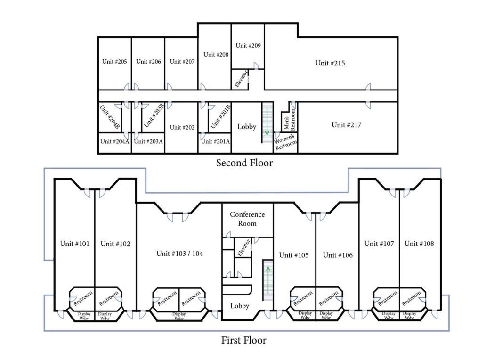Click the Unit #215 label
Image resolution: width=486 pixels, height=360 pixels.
click(x=330, y=63)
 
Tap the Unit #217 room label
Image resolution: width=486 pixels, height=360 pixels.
click(x=346, y=125)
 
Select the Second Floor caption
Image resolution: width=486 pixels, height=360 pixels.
click(x=244, y=163)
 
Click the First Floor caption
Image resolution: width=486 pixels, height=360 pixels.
click(x=243, y=340)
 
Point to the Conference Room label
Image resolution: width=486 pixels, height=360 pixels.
click(x=247, y=219)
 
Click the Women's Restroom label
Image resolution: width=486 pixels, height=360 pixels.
click(x=286, y=142)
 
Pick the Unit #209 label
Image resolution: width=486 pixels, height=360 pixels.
click(x=248, y=45)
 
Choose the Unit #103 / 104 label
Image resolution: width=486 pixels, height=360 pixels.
click(x=180, y=254)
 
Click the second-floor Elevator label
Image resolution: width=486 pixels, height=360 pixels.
click(x=242, y=79)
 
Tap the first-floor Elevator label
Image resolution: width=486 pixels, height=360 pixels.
click(x=243, y=247)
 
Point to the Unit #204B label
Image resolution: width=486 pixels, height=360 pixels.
click(x=110, y=117)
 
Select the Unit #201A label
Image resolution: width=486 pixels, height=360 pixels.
click(x=215, y=141)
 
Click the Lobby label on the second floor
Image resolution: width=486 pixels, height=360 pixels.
click(x=247, y=126)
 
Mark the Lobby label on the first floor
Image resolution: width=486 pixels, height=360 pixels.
click(x=240, y=306)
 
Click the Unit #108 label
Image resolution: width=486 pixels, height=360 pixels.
click(x=419, y=244)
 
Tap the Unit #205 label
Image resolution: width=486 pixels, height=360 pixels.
click(x=115, y=61)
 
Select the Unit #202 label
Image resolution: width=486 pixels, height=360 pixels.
click(x=182, y=127)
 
